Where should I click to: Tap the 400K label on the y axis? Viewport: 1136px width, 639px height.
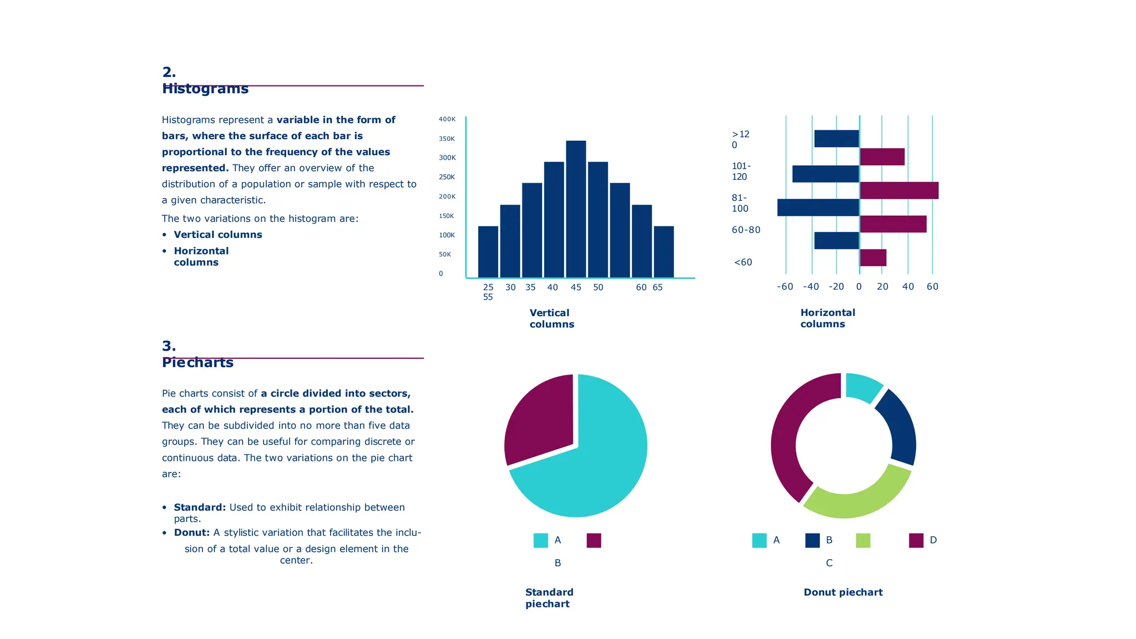point(447,119)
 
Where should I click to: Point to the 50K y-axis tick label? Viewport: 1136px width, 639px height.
point(445,255)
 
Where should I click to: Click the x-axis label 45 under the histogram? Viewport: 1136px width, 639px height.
point(576,287)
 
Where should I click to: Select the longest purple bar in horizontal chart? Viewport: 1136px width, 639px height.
point(899,190)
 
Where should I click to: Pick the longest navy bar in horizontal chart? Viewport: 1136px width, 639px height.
point(818,207)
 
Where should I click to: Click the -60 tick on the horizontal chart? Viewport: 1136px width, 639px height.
point(785,287)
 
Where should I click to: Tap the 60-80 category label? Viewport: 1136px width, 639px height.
point(745,230)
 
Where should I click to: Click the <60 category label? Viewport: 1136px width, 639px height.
point(743,262)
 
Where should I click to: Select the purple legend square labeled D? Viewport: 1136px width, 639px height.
point(916,540)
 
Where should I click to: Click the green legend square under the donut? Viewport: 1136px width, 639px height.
point(863,540)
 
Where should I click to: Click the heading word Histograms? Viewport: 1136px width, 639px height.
point(205,89)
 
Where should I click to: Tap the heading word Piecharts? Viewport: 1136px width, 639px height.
point(197,363)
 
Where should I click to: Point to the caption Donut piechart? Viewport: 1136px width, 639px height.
point(843,592)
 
